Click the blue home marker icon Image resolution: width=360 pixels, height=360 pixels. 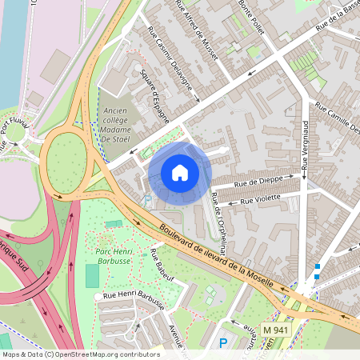[x=180, y=173]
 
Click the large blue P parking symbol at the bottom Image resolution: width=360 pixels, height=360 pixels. [x=223, y=343]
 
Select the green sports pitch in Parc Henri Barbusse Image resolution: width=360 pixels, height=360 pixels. [x=92, y=277]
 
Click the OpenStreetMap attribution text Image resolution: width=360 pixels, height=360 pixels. [x=81, y=354]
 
